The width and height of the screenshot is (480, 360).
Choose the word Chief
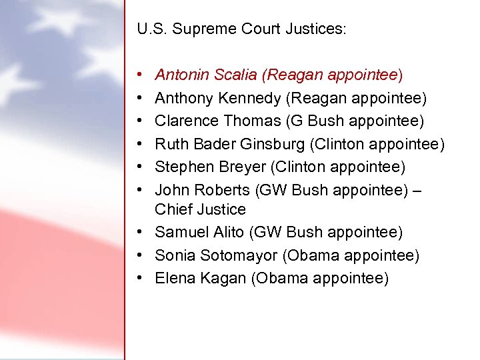pyautogui.click(x=172, y=209)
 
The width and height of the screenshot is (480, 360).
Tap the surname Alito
pyautogui.click(x=229, y=232)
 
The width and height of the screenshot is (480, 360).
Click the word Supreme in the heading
pyautogui.click(x=202, y=30)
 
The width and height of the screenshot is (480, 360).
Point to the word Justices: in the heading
pyautogui.click(x=318, y=30)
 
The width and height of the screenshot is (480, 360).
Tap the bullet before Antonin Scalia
pyautogui.click(x=145, y=75)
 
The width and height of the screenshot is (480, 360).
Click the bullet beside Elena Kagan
pyautogui.click(x=145, y=278)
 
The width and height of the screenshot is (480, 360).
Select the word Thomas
pyautogui.click(x=252, y=121)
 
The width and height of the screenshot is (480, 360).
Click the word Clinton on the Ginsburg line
pyautogui.click(x=339, y=143)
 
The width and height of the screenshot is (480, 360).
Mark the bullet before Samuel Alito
pyautogui.click(x=145, y=232)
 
